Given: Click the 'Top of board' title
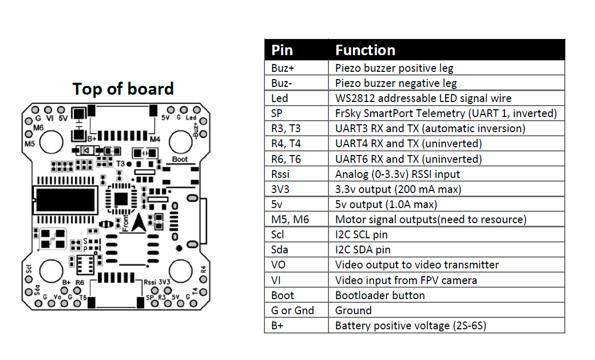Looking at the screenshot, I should (123, 89).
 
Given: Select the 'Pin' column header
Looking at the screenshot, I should (282, 50).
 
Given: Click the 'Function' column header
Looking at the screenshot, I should (365, 50).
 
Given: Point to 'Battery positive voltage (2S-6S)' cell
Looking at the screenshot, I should (411, 326).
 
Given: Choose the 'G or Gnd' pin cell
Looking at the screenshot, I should (292, 311).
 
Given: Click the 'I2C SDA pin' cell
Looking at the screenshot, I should (362, 250).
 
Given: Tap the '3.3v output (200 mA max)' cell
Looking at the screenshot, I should (398, 189).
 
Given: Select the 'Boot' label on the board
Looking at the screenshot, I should (180, 159).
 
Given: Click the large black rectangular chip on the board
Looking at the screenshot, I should (65, 198).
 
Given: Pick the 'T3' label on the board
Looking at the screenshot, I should (120, 163).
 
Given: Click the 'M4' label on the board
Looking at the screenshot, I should (155, 139).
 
